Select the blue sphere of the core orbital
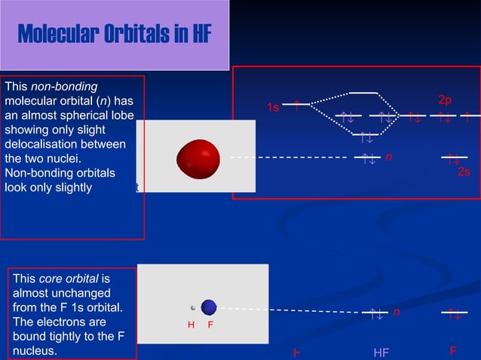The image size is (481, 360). [x=209, y=307]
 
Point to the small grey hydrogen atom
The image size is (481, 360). [x=194, y=307]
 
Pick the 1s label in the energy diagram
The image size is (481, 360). [x=273, y=108]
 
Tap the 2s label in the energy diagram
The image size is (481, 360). [x=464, y=172]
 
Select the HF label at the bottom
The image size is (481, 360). [x=381, y=352]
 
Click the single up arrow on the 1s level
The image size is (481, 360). [x=297, y=105]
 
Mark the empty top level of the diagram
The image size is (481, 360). [x=363, y=93]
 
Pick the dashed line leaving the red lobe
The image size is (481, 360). [x=290, y=158]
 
